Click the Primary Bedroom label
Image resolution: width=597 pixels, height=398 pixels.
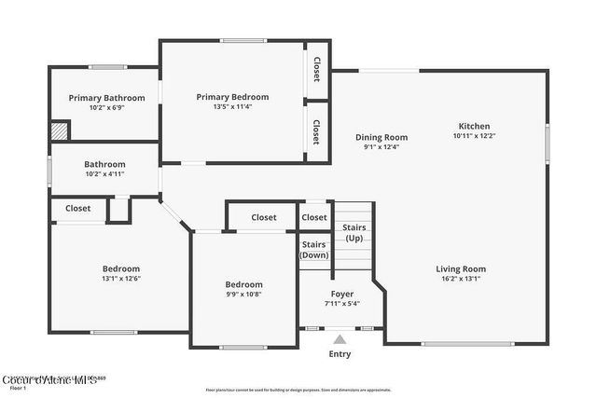(x=232, y=97)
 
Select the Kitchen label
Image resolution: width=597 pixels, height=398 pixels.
(x=474, y=127)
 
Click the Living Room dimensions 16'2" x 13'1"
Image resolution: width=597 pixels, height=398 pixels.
(x=461, y=279)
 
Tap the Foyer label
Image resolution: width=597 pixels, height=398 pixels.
(x=341, y=294)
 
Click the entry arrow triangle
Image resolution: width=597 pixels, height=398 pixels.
(x=340, y=339)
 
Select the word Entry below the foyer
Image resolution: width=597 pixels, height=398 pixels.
(x=340, y=354)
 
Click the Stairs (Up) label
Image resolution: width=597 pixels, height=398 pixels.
(x=354, y=233)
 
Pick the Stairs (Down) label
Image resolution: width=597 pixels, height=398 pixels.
(x=313, y=250)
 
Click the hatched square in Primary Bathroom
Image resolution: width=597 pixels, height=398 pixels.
(x=60, y=130)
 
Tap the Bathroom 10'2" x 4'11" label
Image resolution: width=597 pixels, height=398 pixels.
(x=104, y=169)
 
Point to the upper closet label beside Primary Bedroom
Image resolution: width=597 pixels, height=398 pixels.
(x=317, y=69)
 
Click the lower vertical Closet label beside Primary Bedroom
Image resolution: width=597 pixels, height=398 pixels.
(x=317, y=131)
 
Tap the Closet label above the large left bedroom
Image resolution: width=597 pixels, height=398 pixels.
(x=78, y=209)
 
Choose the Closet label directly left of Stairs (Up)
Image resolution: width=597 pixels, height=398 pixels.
(x=314, y=217)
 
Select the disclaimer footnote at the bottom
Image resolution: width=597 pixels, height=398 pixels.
(x=312, y=390)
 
